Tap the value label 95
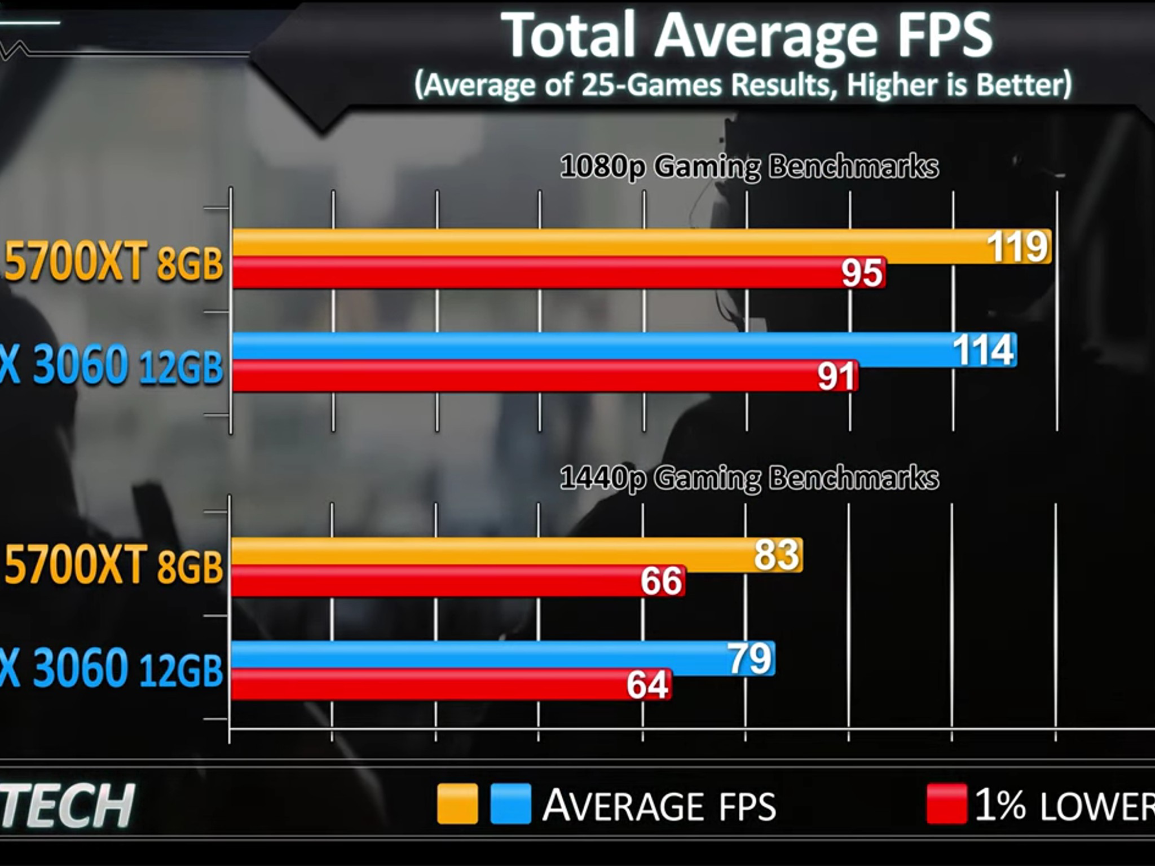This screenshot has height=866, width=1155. pyautogui.click(x=862, y=273)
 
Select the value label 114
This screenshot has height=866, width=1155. pyautogui.click(x=984, y=350)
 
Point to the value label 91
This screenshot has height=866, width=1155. pyautogui.click(x=837, y=377)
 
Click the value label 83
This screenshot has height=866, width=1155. pyautogui.click(x=777, y=554)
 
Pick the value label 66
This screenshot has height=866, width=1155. pyautogui.click(x=662, y=581)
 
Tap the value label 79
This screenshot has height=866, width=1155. pyautogui.click(x=750, y=658)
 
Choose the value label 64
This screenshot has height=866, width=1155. pyautogui.click(x=648, y=685)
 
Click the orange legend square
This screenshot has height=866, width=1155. pyautogui.click(x=457, y=803)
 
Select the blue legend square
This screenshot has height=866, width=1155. pyautogui.click(x=510, y=803)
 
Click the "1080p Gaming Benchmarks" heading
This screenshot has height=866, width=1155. pyautogui.click(x=750, y=167)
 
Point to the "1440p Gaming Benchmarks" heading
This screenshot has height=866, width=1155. pyautogui.click(x=750, y=479)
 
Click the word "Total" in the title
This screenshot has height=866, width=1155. pyautogui.click(x=573, y=35)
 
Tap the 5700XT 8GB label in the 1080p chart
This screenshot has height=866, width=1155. pyautogui.click(x=113, y=262)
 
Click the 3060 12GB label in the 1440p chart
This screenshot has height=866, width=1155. pyautogui.click(x=127, y=668)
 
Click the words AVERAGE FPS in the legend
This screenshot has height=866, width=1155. pyautogui.click(x=659, y=805)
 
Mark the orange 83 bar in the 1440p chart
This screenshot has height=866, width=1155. pyautogui.click(x=517, y=555)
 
